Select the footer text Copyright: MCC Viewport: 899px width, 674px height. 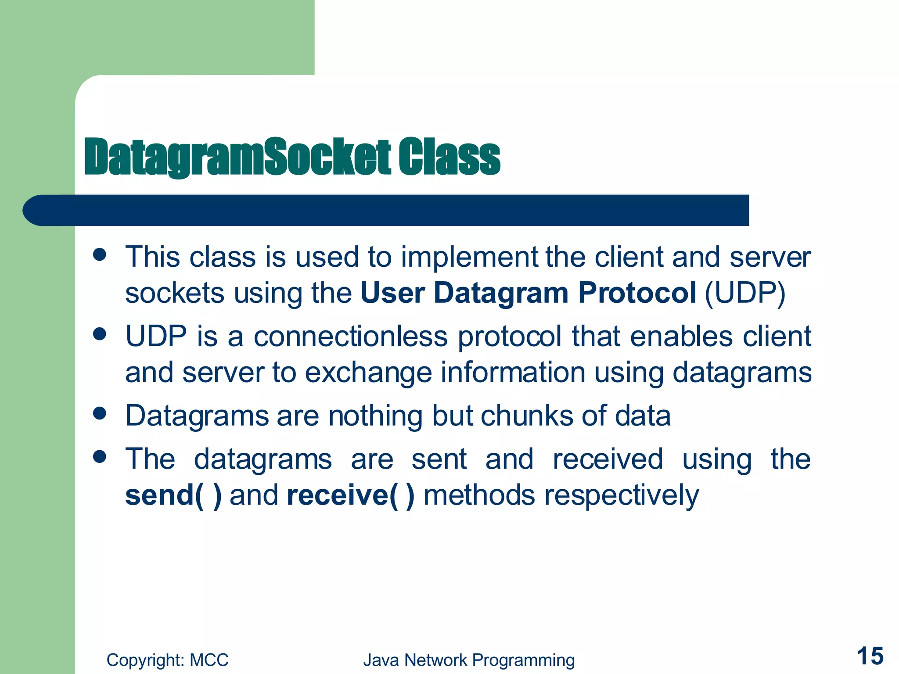coord(167,660)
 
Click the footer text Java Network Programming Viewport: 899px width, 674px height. coord(469,660)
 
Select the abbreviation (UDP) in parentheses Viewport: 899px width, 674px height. coord(745,293)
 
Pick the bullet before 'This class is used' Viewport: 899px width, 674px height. coord(100,255)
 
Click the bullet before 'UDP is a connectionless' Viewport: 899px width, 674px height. coord(100,334)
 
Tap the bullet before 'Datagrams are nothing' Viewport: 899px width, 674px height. coord(100,413)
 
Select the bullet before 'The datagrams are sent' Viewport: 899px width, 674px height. coord(100,457)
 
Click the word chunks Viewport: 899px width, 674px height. coord(527,416)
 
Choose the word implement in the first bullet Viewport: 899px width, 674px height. coord(469,257)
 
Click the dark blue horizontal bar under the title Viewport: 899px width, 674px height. coord(386,210)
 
